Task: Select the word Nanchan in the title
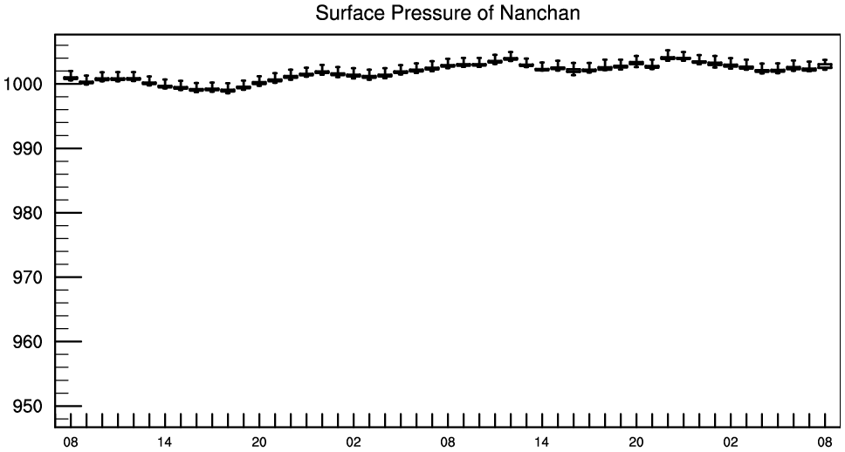point(540,12)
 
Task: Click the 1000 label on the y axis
point(24,84)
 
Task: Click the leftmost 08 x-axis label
point(71,442)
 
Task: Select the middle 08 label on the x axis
point(448,442)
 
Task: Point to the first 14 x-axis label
point(165,442)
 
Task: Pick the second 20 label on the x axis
point(636,442)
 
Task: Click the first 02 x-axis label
point(354,442)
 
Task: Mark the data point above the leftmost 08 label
point(71,78)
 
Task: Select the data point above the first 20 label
point(259,82)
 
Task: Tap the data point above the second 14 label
point(542,68)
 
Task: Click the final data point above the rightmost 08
point(825,65)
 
